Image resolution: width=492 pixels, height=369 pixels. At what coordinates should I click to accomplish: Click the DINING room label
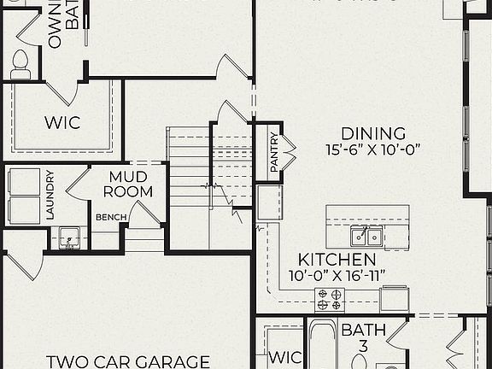tap(373, 133)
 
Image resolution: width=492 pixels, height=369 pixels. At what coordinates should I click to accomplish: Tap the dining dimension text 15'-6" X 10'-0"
tap(373, 149)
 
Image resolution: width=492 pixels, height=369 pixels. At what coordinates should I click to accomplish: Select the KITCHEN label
tap(337, 259)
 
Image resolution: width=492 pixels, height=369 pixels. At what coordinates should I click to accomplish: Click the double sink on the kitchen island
tap(366, 236)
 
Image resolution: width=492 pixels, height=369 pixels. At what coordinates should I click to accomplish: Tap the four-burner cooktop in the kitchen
tap(330, 299)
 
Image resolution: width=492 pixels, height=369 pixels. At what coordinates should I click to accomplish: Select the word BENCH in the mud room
tap(111, 218)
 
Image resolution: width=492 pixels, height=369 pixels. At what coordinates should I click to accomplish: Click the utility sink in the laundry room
tap(69, 237)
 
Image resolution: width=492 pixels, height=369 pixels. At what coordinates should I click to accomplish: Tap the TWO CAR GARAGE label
tap(128, 361)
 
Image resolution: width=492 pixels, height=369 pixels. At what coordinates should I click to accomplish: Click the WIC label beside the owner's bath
tap(61, 121)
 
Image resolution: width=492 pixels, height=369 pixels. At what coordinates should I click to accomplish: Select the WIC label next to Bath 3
tap(284, 356)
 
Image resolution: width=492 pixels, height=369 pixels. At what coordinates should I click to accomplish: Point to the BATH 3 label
tap(364, 337)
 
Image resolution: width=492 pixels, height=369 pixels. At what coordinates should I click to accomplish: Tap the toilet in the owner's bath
tap(22, 62)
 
